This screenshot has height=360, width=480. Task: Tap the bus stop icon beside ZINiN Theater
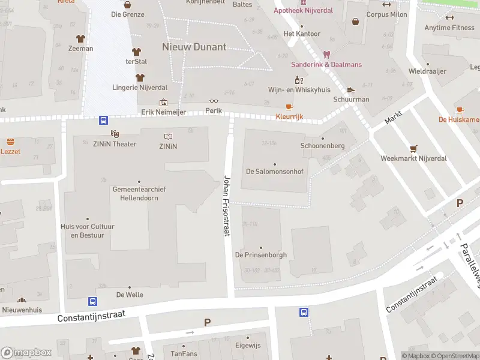pos(103,120)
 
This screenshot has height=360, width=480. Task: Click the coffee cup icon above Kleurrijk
pos(290,107)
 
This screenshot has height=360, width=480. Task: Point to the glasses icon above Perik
pos(214,102)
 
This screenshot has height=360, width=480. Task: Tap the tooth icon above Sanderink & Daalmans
pos(326,55)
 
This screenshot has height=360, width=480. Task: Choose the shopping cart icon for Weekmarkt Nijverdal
pos(413,149)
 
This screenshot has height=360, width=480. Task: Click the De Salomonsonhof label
pos(275,171)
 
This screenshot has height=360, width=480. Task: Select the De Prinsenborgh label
pos(261,255)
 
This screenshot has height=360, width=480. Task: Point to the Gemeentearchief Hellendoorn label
pos(139,193)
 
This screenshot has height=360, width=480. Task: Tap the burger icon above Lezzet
pos(10,142)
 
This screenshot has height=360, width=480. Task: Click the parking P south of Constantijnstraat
pos(207,322)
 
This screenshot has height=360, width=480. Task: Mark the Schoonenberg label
pos(322,146)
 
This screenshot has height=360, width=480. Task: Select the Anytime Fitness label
pos(449,28)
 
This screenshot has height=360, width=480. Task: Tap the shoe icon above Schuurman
pos(351,90)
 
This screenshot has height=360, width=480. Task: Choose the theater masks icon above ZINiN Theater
pos(115,134)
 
